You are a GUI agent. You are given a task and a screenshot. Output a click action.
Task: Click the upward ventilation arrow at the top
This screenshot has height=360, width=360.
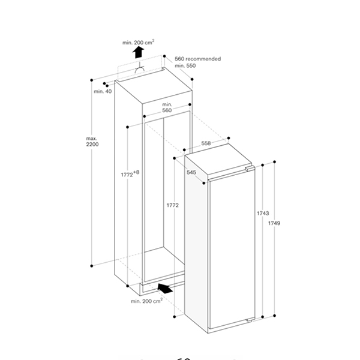[x=138, y=52]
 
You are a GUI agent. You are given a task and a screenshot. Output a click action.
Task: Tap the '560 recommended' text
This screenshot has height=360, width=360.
[x=198, y=59]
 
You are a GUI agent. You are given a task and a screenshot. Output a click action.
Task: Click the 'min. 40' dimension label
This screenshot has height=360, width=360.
[x=103, y=91]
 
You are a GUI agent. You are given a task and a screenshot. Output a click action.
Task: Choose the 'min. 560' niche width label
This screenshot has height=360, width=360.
[x=167, y=107]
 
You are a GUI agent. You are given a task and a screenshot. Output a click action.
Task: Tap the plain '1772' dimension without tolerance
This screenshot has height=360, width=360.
[x=173, y=205]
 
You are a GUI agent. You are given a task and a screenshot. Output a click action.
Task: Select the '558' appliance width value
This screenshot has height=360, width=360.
[x=206, y=143]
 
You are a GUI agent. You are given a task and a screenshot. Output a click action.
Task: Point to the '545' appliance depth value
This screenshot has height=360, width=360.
[x=191, y=172]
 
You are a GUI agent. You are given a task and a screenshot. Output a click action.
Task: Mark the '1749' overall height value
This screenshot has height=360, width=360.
[x=275, y=223]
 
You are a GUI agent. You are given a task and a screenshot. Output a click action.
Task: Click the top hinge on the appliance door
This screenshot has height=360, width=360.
[x=247, y=170]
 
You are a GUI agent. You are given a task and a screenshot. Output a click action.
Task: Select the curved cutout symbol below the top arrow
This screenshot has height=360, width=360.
[x=139, y=70]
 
